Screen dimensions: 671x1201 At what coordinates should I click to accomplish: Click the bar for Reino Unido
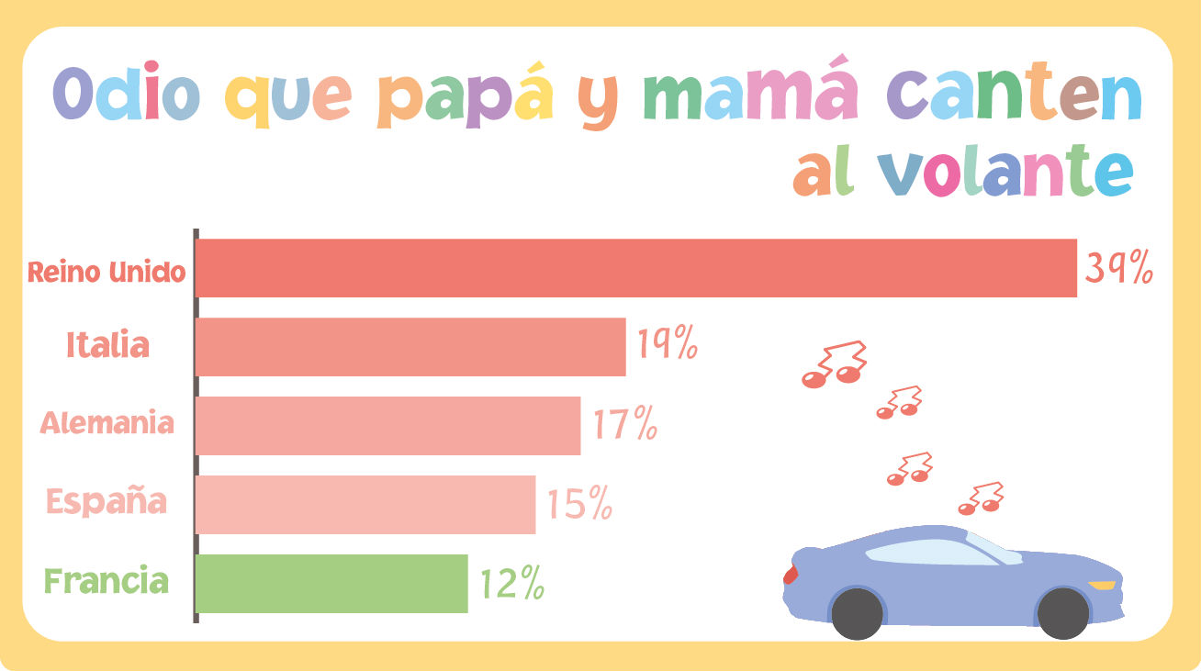point(635,268)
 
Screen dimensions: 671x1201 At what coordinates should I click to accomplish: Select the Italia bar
point(410,347)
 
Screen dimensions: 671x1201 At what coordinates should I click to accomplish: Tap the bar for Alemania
point(387,425)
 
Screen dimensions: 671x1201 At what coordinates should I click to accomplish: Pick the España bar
point(365,504)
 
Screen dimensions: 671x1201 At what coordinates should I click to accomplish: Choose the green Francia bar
point(331,583)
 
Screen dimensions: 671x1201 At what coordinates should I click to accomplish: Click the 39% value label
point(1118,267)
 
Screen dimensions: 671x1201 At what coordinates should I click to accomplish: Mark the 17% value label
point(624,425)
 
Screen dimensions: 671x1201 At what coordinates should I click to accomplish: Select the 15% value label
point(579,504)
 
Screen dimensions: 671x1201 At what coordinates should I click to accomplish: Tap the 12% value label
point(511,584)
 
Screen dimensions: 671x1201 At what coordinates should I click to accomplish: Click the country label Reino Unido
point(107,273)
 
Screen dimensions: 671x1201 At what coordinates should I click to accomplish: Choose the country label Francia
point(107,582)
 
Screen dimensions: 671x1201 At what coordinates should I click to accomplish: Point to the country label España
point(107,503)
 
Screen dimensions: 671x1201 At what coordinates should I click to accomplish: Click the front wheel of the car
point(1062,613)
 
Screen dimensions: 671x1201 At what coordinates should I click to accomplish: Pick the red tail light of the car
point(791,575)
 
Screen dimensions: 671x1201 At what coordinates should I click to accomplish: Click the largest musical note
point(834,364)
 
